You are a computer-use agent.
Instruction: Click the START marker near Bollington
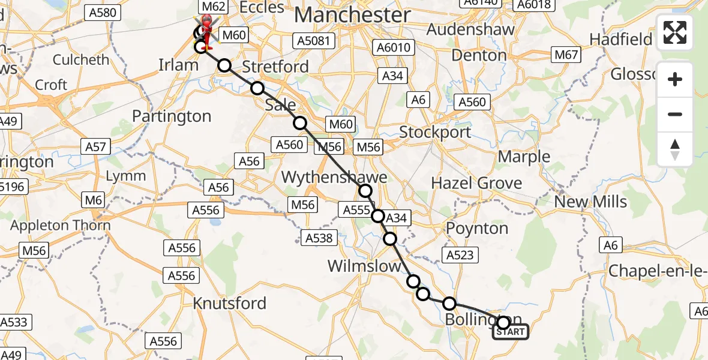tap(511, 331)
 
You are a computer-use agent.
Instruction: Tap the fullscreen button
tap(675, 32)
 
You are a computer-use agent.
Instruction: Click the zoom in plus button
tap(675, 79)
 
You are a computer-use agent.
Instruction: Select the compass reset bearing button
tap(675, 149)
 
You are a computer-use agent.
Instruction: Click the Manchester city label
tap(353, 14)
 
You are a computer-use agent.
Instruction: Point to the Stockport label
tap(436, 132)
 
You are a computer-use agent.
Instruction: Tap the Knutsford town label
tap(230, 304)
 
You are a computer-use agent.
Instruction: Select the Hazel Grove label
tap(476, 183)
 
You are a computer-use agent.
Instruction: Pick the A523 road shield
tap(460, 255)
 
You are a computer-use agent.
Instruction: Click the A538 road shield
tap(319, 238)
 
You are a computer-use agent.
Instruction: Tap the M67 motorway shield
tap(566, 55)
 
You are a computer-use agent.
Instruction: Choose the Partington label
tap(175, 116)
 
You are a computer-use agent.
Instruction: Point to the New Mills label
tap(590, 202)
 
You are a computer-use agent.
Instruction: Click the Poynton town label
tap(477, 229)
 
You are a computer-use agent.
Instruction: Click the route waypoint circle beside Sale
tap(299, 123)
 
